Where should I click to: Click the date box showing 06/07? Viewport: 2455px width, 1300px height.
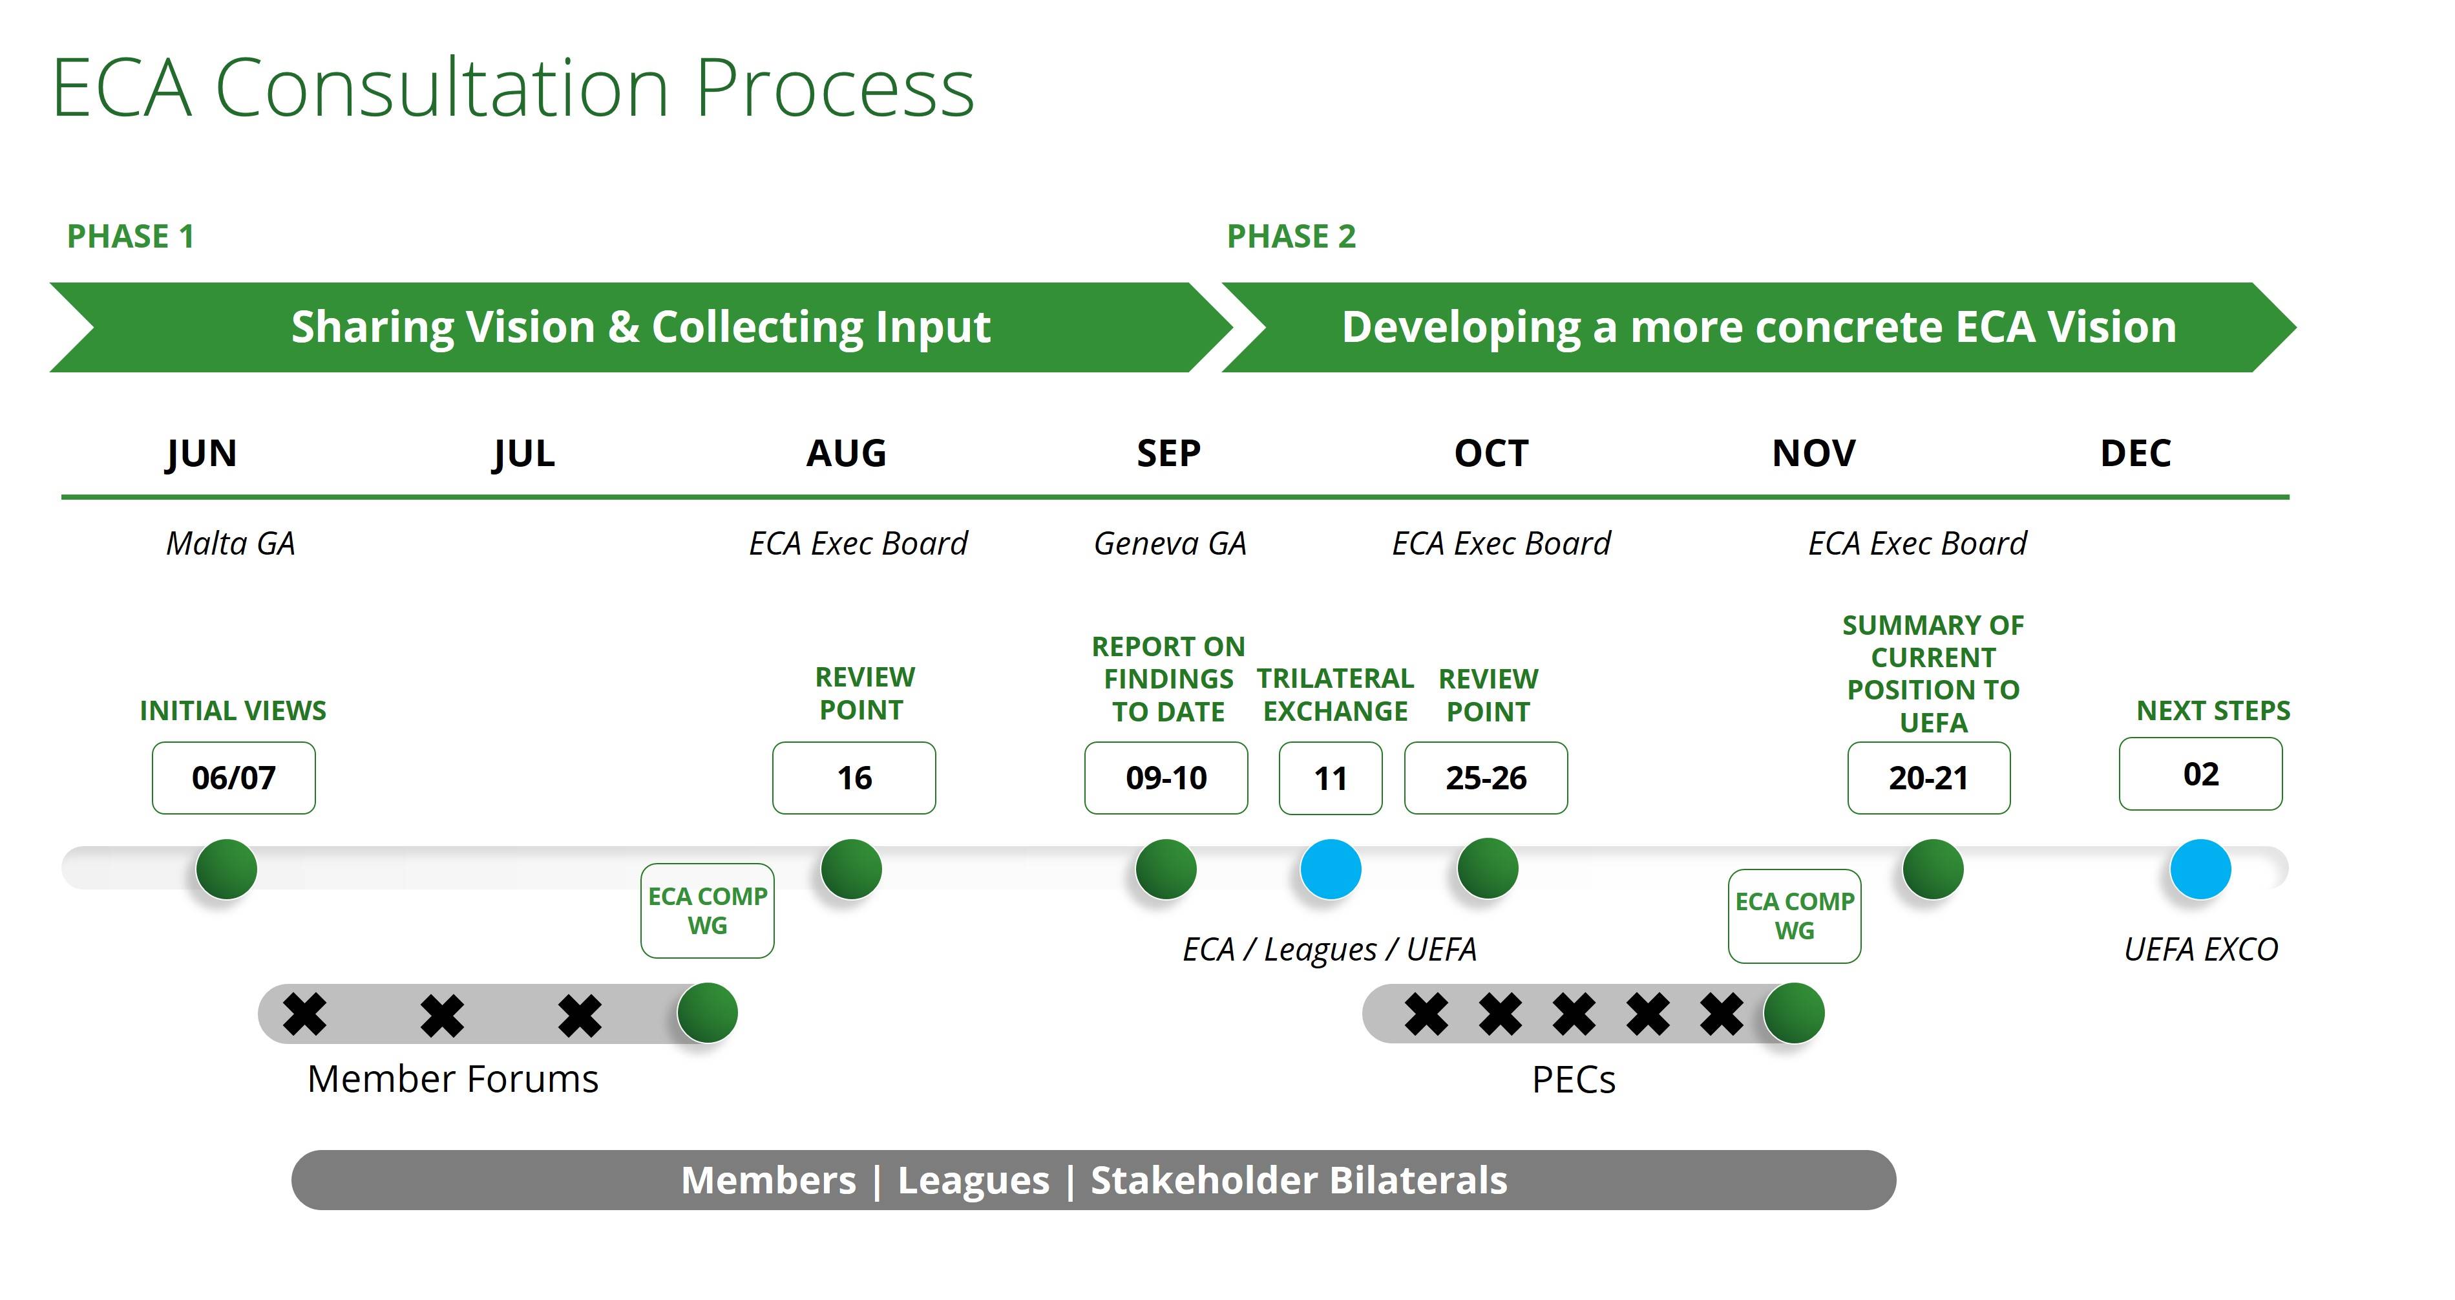(233, 778)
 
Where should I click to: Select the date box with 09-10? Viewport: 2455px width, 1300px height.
(1166, 778)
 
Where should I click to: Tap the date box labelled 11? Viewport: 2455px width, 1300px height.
(1331, 778)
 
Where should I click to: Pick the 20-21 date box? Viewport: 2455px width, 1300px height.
(1929, 778)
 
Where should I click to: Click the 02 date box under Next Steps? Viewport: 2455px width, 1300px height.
(2200, 774)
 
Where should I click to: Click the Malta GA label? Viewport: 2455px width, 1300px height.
(231, 543)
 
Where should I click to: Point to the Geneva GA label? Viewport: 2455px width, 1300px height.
(1170, 543)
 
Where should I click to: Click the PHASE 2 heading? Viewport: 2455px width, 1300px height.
(1291, 237)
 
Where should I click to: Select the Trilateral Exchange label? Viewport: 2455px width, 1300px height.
(1335, 695)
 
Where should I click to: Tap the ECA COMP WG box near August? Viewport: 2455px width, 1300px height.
(707, 910)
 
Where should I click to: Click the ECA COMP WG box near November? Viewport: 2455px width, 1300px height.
(1795, 916)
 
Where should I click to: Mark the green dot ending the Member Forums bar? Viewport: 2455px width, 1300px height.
(707, 1012)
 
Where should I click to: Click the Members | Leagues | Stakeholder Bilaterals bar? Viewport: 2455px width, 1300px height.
(1094, 1180)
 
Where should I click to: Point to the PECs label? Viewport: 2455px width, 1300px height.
(1574, 1080)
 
